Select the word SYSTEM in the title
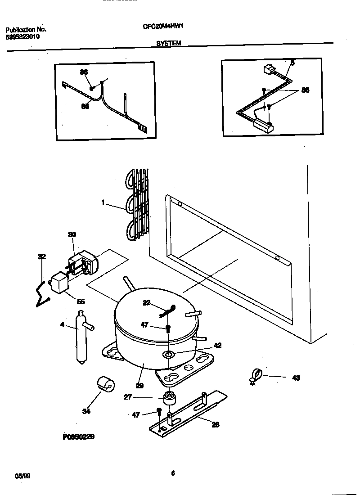tap(169, 43)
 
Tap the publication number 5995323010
tap(22, 37)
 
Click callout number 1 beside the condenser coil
tap(103, 203)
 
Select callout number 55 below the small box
tap(81, 301)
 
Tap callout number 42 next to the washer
tap(218, 346)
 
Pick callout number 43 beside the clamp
tap(296, 378)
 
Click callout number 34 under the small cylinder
tap(87, 411)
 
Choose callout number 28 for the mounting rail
tap(216, 424)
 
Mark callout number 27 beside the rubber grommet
tap(128, 397)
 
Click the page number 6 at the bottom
tap(173, 472)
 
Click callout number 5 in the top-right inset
tap(292, 63)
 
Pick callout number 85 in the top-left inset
tap(84, 107)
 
